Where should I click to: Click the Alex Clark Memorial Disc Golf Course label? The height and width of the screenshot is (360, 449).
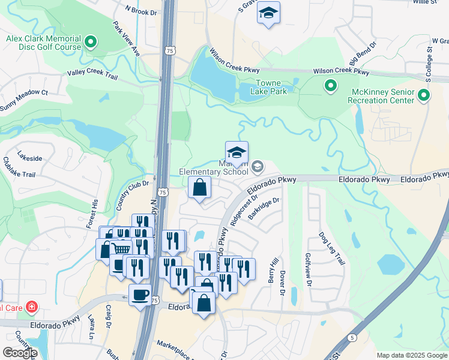click(x=43, y=43)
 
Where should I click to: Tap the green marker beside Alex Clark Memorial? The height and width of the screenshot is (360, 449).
click(x=91, y=42)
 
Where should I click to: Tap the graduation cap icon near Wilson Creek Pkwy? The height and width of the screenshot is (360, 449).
click(x=268, y=13)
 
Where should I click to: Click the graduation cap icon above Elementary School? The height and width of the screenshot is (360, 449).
click(x=237, y=152)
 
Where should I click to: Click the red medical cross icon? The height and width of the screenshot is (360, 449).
click(x=31, y=308)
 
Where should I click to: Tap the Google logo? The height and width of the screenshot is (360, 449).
click(x=20, y=352)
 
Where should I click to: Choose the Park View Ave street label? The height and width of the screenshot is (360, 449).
click(x=126, y=40)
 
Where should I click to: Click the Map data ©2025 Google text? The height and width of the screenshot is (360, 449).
click(x=412, y=355)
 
